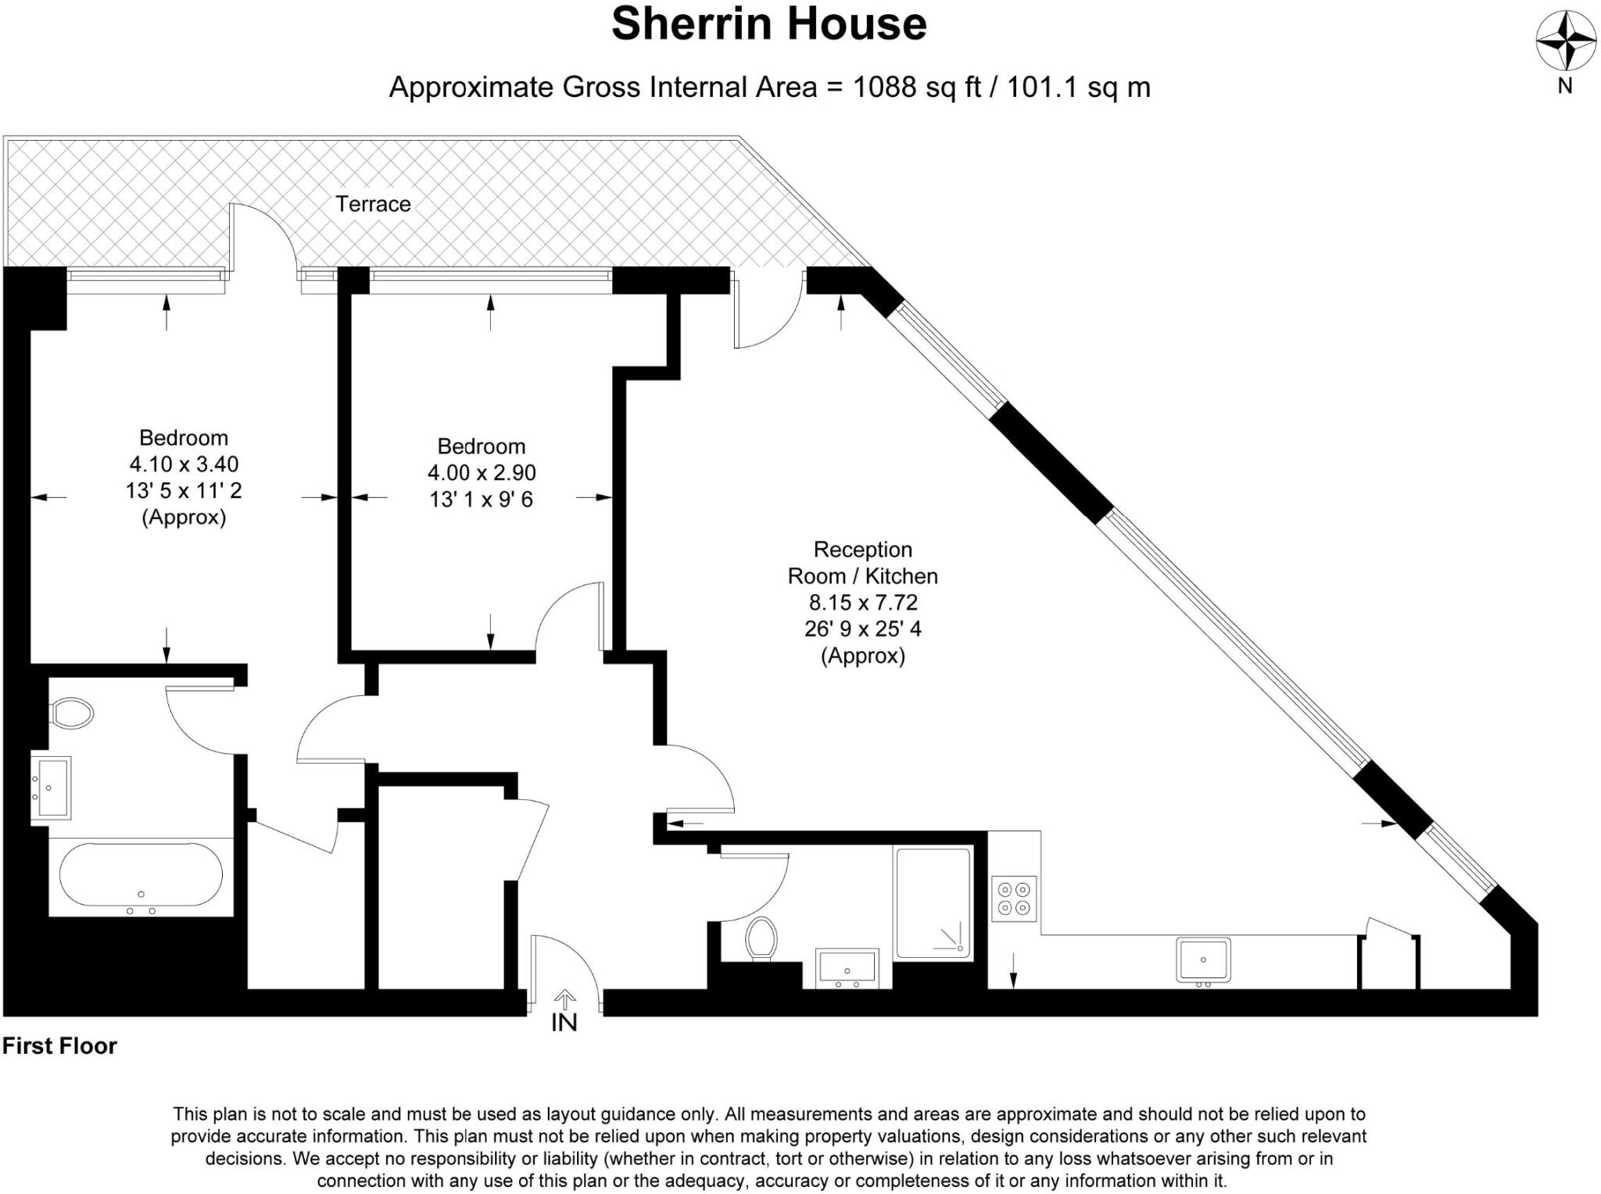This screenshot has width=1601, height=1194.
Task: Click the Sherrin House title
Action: [768, 24]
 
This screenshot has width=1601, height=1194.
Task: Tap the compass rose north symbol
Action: [1565, 41]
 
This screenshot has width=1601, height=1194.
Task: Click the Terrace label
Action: [373, 204]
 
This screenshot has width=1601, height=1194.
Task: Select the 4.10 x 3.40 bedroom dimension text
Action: [184, 464]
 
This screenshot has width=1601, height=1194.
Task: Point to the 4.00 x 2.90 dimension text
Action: [482, 473]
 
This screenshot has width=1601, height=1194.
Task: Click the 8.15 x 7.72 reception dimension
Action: [863, 603]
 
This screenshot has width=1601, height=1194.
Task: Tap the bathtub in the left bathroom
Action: [141, 876]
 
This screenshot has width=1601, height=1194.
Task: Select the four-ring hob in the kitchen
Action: [1014, 898]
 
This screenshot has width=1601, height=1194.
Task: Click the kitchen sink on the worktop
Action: [1203, 959]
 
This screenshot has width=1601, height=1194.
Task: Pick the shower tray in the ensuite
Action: [933, 903]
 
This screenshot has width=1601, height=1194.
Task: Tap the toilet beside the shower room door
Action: [761, 938]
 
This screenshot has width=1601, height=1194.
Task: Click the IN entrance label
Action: [564, 1022]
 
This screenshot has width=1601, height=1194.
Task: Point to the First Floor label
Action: [59, 1046]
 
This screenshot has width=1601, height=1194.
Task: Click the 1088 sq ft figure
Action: [916, 87]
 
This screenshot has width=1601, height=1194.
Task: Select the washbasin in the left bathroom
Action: [51, 787]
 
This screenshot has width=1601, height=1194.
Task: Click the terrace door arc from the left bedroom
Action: [266, 231]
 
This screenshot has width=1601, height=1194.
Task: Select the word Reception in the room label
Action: [862, 550]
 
